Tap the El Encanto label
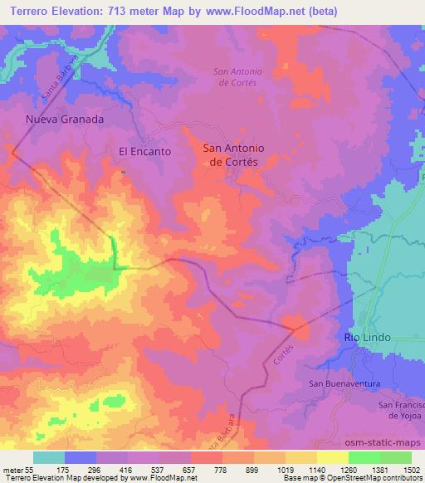point(145,152)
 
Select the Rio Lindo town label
point(367,338)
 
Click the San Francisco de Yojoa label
point(402,409)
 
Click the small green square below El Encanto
point(124,172)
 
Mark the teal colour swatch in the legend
point(49,457)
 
